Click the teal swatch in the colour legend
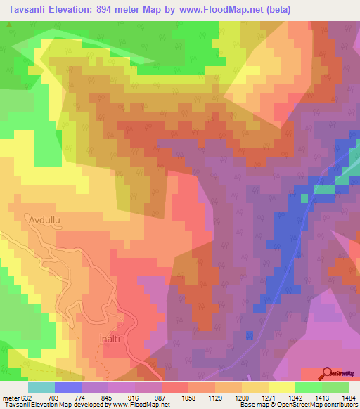point(41,387)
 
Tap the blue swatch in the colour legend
point(67,387)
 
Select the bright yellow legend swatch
point(281,387)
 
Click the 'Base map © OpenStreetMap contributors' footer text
point(297,405)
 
